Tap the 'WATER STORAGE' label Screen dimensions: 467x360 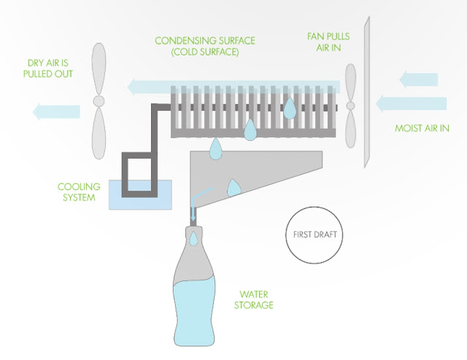254,300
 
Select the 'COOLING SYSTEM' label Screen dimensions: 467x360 79,192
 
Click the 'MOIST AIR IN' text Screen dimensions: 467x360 422,128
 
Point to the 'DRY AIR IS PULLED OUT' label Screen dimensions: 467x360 48,68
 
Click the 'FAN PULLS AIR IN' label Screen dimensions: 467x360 328,42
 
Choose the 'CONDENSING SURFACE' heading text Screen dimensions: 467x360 205,41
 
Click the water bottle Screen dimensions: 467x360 194,286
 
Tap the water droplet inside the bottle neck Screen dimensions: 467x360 193,239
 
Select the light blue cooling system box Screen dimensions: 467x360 140,194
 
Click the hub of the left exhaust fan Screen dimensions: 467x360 99,101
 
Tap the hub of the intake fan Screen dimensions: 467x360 350,105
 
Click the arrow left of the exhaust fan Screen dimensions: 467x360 56,112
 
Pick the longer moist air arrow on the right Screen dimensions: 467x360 411,104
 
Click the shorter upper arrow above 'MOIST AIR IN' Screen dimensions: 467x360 418,80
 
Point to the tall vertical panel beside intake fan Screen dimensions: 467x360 367,92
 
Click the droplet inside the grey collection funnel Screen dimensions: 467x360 233,188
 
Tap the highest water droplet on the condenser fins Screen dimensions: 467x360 289,108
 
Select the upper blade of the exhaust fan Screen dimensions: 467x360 99,69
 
